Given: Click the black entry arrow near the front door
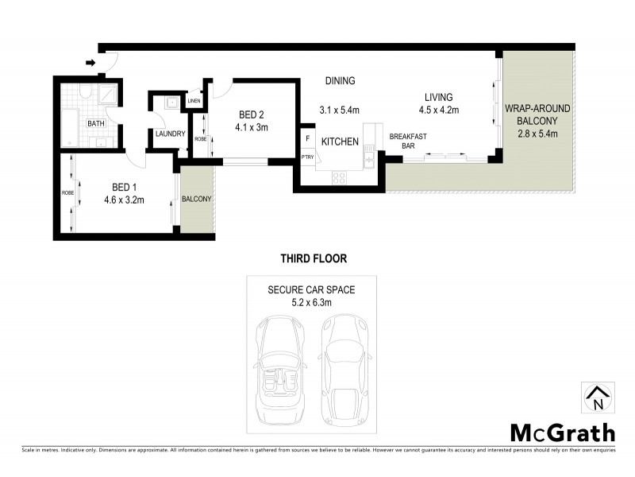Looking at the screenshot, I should tap(90, 62).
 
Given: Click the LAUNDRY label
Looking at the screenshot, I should tap(170, 134).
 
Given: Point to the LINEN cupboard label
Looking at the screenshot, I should tap(194, 101).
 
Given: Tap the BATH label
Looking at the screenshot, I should tap(96, 123).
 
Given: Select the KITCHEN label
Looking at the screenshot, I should tap(340, 142).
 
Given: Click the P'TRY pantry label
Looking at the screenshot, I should tap(307, 157).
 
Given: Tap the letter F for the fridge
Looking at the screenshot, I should tap(307, 138).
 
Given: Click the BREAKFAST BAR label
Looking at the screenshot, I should tap(408, 141).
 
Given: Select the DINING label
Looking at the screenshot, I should tap(340, 81).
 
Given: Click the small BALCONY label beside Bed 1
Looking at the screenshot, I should tap(197, 199).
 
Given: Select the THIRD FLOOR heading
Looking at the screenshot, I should tap(314, 258).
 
